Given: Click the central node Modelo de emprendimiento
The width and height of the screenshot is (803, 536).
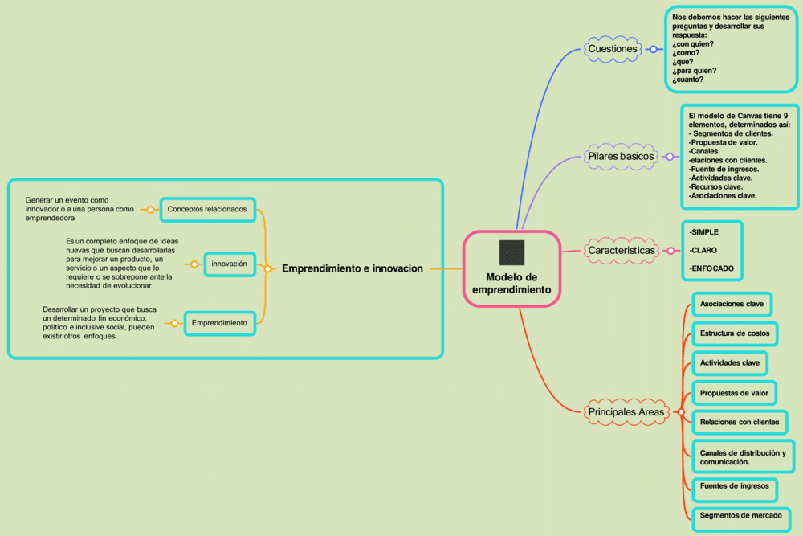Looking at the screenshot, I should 512,283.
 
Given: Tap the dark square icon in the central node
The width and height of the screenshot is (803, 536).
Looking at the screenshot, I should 512,252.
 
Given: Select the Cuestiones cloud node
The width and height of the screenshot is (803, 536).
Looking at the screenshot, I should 613,49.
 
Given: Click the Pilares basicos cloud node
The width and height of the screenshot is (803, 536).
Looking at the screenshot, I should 621,156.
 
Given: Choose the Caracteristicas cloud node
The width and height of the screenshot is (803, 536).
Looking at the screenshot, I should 622,251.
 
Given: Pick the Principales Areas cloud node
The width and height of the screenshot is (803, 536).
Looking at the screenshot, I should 626,412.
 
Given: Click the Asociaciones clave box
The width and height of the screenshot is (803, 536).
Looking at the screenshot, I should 732,305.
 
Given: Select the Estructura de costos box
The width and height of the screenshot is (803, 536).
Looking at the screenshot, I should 735,333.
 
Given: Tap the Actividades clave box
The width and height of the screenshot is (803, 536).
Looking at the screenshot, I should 729,363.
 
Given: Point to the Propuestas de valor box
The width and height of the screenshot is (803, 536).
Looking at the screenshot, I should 734,393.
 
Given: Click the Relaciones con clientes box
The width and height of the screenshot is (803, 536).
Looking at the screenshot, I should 739,422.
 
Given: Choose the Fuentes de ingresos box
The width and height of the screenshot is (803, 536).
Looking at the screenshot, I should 734,485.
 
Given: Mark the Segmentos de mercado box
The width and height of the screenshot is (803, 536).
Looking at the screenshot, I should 740,515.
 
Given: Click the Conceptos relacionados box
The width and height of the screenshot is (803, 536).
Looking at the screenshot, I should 207,210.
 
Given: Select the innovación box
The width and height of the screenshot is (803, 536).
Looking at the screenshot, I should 230,264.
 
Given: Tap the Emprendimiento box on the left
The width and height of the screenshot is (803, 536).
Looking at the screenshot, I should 219,323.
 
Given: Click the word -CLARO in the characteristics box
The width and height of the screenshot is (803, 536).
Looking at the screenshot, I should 703,250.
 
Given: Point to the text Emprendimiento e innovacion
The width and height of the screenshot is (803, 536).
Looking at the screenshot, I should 352,268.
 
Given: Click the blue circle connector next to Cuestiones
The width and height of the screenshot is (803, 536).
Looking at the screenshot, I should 653,49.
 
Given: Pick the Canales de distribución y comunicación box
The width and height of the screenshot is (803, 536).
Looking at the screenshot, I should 742,456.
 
